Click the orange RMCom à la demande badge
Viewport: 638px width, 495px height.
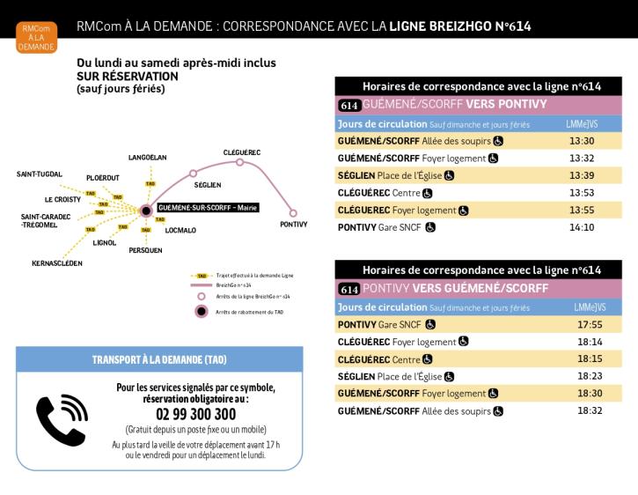click(x=36, y=38)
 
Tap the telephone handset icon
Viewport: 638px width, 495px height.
click(x=61, y=420)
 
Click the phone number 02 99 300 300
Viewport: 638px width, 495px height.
click(x=195, y=414)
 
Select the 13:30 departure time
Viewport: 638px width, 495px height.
click(x=582, y=140)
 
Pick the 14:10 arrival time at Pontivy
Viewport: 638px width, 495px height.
click(x=582, y=227)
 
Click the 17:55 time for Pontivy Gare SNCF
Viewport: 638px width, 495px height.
click(x=589, y=324)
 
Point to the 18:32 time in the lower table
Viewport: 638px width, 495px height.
click(x=589, y=410)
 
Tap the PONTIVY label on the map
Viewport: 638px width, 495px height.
click(x=293, y=225)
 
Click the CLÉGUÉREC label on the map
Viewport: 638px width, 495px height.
click(x=242, y=152)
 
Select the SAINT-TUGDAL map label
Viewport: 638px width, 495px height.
click(x=40, y=174)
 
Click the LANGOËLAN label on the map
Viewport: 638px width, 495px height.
click(x=147, y=158)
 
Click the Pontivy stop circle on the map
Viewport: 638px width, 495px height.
click(x=293, y=212)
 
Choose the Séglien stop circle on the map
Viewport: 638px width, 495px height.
click(x=194, y=174)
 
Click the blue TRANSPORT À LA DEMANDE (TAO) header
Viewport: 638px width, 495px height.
click(x=159, y=359)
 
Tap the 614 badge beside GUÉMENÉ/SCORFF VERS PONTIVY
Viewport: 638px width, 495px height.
click(x=348, y=105)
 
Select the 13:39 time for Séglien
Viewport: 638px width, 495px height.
click(x=582, y=175)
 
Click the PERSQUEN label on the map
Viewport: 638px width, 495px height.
click(x=145, y=250)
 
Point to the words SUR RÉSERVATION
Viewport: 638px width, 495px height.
click(x=128, y=76)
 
